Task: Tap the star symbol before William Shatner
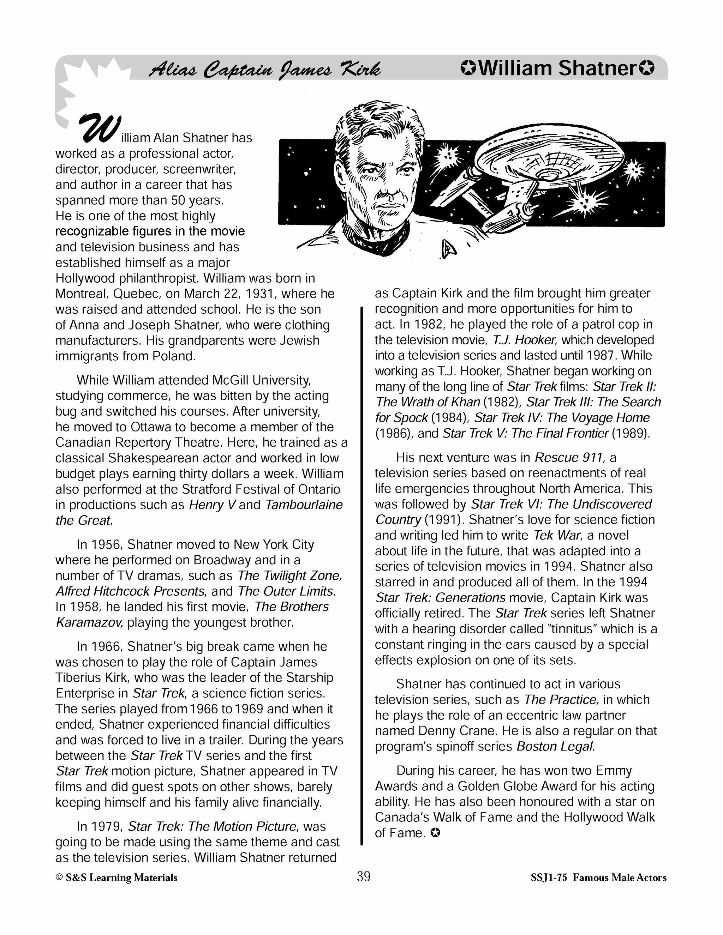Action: pyautogui.click(x=468, y=68)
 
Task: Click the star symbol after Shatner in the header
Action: pyautogui.click(x=646, y=68)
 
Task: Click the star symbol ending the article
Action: pyautogui.click(x=435, y=833)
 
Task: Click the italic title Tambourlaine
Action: pyautogui.click(x=304, y=505)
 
